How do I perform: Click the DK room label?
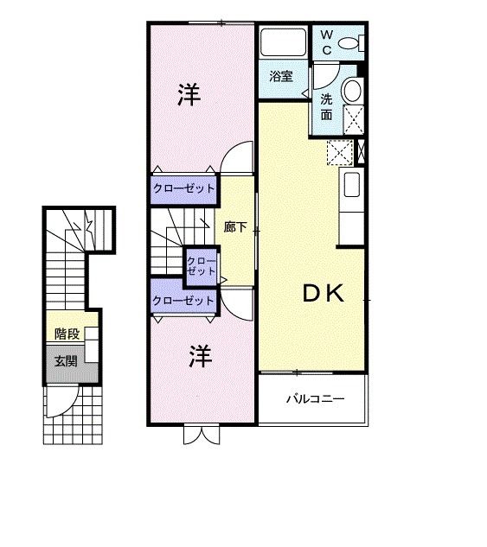click(x=324, y=294)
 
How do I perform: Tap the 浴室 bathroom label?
click(x=281, y=76)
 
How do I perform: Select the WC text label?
click(x=327, y=42)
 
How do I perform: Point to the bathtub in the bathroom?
click(x=284, y=41)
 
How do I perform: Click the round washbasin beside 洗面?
click(x=352, y=91)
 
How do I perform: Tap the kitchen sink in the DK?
click(x=352, y=185)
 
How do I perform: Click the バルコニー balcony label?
click(x=316, y=398)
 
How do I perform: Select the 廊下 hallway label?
click(x=235, y=227)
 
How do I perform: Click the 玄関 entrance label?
click(x=66, y=361)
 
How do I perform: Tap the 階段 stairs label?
click(x=67, y=334)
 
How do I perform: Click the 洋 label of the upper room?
click(x=189, y=94)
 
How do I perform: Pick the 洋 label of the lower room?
click(x=201, y=356)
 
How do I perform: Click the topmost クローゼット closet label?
click(x=184, y=188)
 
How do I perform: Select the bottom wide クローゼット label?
click(x=183, y=301)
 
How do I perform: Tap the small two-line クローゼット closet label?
click(x=202, y=266)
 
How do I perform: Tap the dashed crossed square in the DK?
click(x=340, y=153)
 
